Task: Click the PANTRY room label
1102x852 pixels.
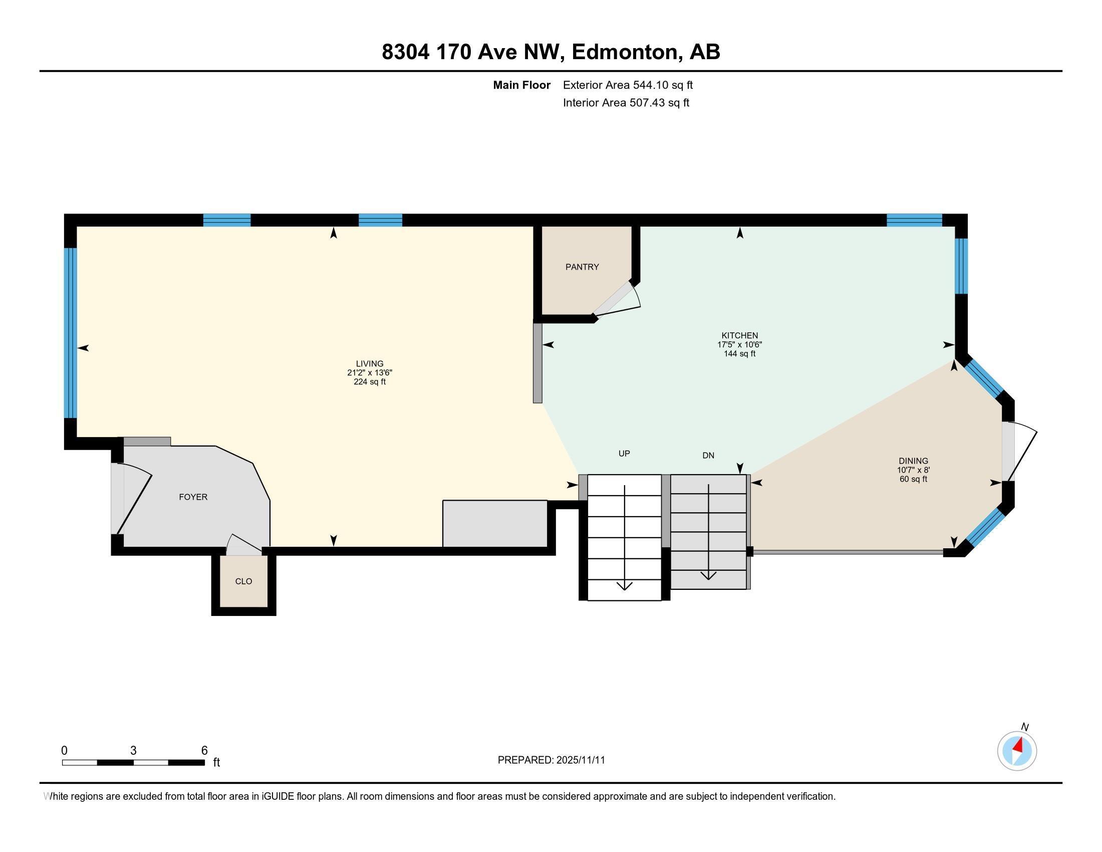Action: tap(582, 267)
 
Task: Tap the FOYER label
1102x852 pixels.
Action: tap(193, 497)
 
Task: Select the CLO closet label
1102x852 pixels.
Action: tap(243, 581)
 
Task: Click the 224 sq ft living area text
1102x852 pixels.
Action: tap(369, 382)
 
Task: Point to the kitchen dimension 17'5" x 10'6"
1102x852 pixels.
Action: tap(739, 345)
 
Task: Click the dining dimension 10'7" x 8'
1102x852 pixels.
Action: tap(913, 470)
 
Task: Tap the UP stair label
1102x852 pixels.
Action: tap(624, 453)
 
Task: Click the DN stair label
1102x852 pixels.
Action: tap(708, 455)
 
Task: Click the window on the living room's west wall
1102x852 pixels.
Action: tap(70, 333)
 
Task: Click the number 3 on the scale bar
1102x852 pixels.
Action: tap(133, 751)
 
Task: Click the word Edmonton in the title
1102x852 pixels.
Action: tap(624, 52)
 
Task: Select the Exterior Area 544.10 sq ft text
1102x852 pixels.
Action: tap(628, 85)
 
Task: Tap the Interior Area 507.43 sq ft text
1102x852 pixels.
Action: tap(626, 102)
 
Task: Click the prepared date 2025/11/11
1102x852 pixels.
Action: tap(580, 760)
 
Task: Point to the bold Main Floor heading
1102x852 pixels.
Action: tap(521, 85)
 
